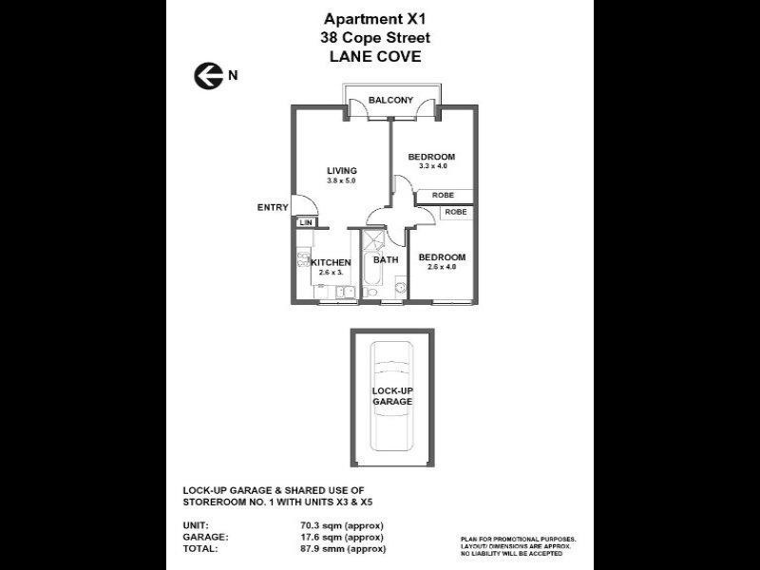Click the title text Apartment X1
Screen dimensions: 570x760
click(375, 18)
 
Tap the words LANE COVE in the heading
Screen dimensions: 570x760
click(375, 56)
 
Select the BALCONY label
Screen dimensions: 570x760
click(390, 100)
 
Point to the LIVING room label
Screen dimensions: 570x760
click(341, 171)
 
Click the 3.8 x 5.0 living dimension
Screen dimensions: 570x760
click(341, 180)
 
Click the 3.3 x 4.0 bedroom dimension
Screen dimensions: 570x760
click(432, 166)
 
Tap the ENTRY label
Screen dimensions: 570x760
click(272, 207)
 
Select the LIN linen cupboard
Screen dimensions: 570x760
click(305, 222)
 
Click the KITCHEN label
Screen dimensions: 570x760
click(332, 262)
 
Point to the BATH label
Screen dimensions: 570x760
click(386, 259)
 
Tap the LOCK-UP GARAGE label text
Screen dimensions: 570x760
click(391, 396)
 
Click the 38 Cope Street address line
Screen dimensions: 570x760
click(375, 37)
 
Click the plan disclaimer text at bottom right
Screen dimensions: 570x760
click(518, 545)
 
